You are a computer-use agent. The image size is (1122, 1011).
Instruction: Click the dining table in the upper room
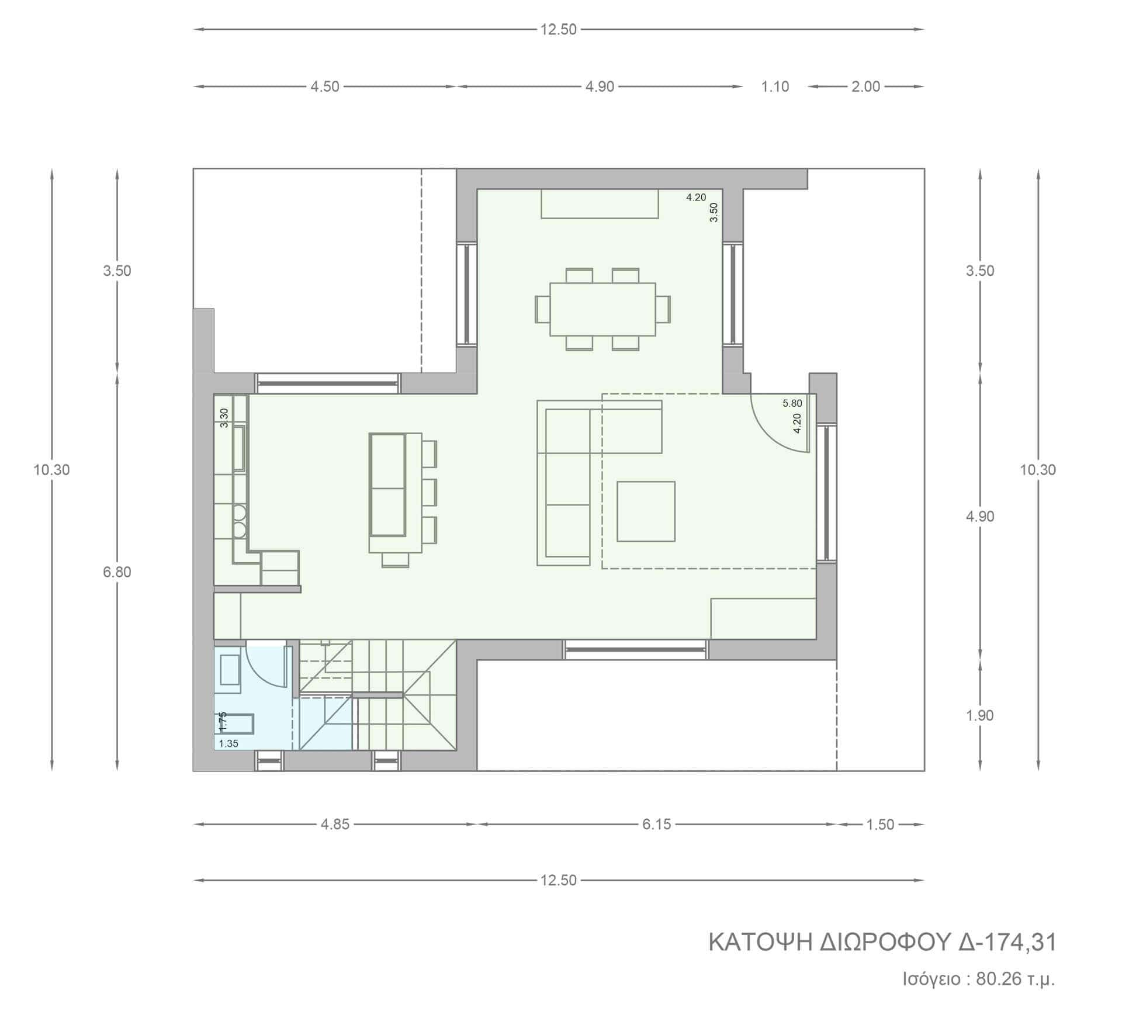(x=602, y=309)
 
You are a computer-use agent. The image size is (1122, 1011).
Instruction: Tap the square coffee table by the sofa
(x=646, y=511)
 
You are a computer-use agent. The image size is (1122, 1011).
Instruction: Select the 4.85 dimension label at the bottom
(x=335, y=824)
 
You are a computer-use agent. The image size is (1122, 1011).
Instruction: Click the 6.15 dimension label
(x=657, y=824)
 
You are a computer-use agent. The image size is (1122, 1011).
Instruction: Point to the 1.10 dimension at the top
(x=775, y=86)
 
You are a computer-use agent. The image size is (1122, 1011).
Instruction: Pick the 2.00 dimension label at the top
(x=865, y=86)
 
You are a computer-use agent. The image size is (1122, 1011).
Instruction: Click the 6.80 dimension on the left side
(x=117, y=572)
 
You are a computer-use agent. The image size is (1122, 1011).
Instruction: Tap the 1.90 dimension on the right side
(x=980, y=715)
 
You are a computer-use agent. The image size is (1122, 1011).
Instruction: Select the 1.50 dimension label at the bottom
(x=880, y=824)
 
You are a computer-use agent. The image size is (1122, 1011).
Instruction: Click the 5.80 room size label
(x=792, y=403)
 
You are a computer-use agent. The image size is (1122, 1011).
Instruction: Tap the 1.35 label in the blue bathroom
(x=228, y=744)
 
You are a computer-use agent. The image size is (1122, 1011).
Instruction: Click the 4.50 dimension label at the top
(x=324, y=86)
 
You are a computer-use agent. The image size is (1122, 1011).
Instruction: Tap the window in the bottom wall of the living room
(x=635, y=649)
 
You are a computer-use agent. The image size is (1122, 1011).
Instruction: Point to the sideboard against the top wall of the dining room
(x=600, y=203)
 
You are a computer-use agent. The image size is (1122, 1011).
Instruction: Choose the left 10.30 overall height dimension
(x=52, y=469)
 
